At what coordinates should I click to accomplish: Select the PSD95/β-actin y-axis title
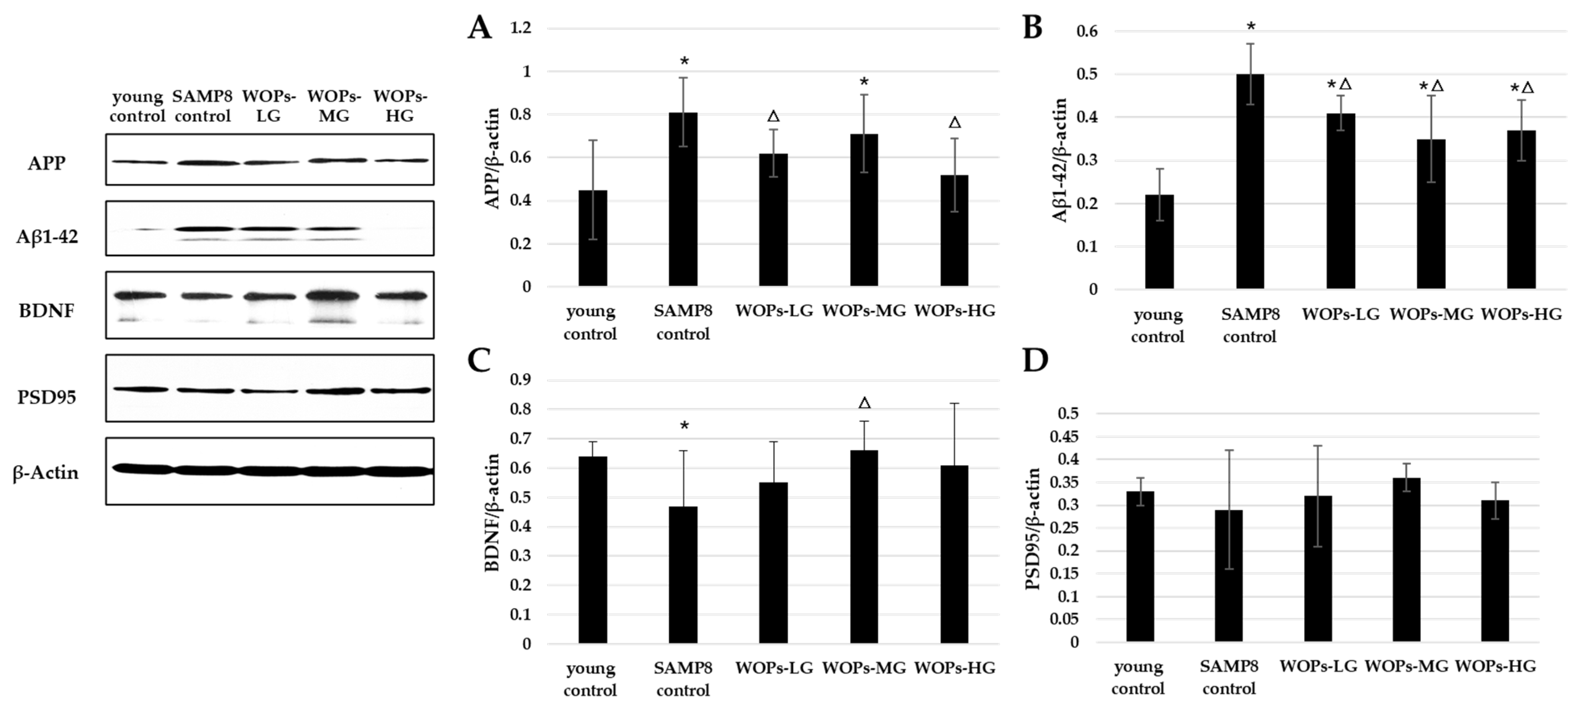click(x=1034, y=528)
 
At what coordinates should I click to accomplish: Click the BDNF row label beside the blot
click(x=47, y=311)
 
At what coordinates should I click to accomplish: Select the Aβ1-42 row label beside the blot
click(x=47, y=237)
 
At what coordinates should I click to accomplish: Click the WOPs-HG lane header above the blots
click(x=400, y=106)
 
